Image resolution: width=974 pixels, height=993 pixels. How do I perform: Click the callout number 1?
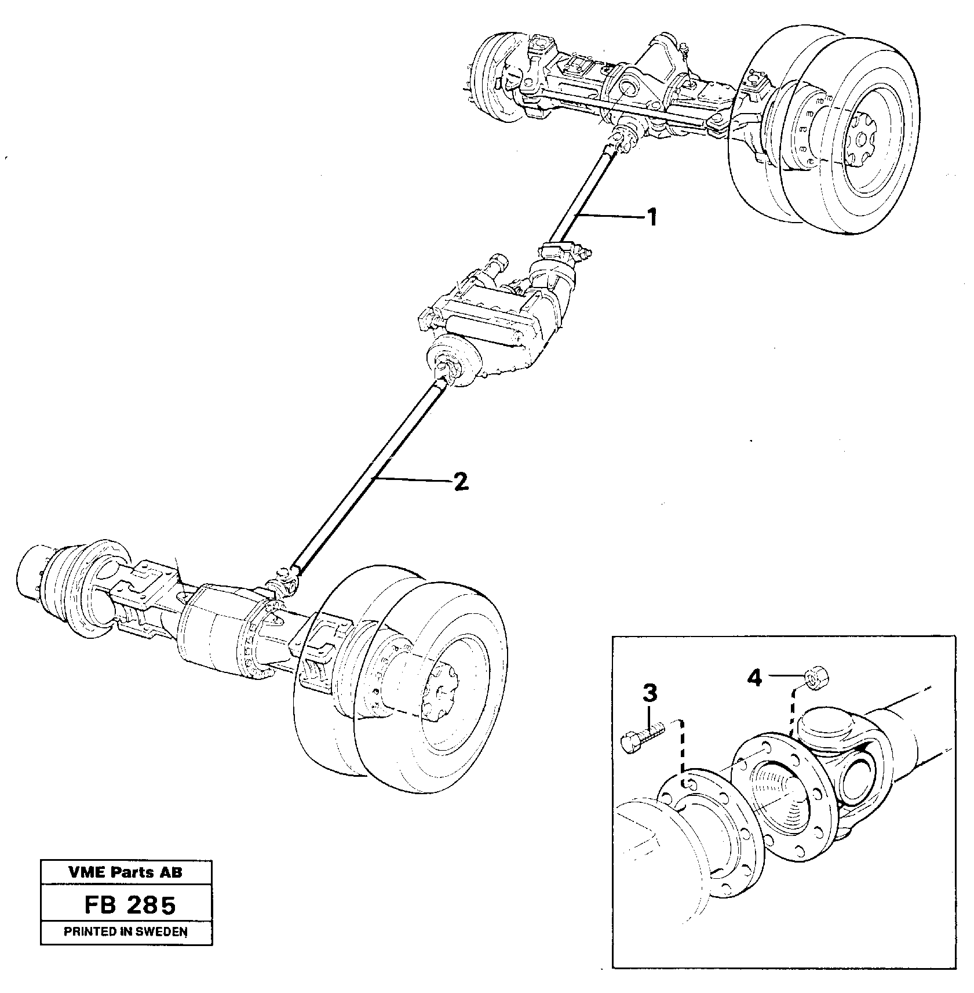pyautogui.click(x=652, y=218)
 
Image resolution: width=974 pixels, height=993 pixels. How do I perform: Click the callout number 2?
pyautogui.click(x=461, y=482)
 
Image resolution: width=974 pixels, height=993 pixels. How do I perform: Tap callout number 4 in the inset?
pyautogui.click(x=754, y=677)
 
